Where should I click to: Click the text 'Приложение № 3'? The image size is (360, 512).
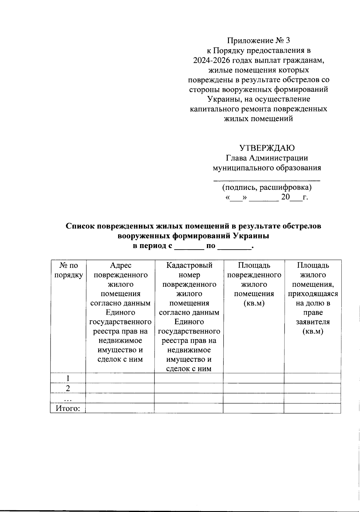[259, 40]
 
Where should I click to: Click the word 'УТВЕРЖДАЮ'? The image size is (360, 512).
[267, 148]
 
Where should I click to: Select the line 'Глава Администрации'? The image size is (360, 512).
[267, 158]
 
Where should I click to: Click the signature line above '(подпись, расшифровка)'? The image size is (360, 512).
[267, 180]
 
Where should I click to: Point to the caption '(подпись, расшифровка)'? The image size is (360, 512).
[267, 188]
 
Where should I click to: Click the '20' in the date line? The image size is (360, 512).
[285, 197]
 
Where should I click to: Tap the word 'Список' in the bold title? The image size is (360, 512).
[80, 226]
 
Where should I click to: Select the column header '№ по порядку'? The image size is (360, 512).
[68, 270]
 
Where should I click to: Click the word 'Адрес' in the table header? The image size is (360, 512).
[120, 265]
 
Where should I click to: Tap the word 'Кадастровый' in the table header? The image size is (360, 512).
[189, 265]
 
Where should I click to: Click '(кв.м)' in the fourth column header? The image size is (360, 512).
[254, 303]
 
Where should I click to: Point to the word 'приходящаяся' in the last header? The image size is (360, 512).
[313, 294]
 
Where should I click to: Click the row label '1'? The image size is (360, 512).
[68, 378]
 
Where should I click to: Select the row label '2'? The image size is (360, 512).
[68, 388]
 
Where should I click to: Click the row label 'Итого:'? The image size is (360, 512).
[68, 408]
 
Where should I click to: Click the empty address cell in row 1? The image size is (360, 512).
[120, 378]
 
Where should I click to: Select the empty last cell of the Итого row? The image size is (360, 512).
[312, 408]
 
